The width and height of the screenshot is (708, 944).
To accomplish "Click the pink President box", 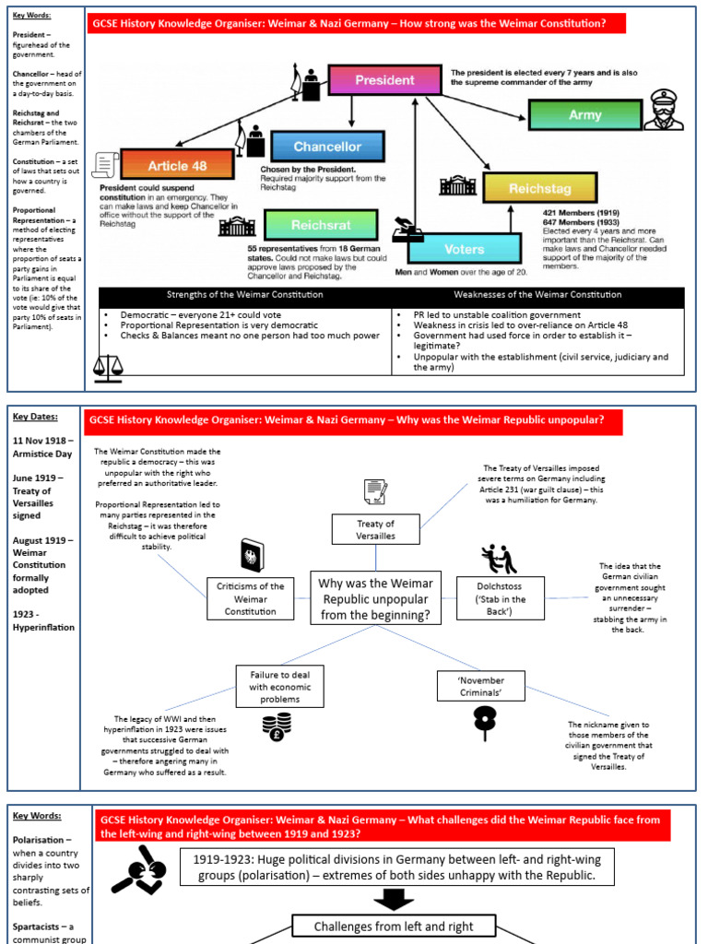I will pyautogui.click(x=384, y=80).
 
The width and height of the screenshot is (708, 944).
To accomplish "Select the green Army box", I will pyautogui.click(x=584, y=115).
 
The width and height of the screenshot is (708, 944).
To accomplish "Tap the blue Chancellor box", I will pyautogui.click(x=327, y=147).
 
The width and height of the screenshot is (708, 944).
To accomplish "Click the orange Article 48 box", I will pyautogui.click(x=177, y=166).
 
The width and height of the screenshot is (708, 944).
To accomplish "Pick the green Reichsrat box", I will pyautogui.click(x=321, y=225).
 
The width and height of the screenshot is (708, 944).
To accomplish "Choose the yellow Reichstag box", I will pyautogui.click(x=540, y=189).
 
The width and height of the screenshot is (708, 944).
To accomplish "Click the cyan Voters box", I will pyautogui.click(x=464, y=249).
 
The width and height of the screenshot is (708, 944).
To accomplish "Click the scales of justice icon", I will pyautogui.click(x=109, y=367).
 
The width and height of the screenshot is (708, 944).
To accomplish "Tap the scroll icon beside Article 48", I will pyautogui.click(x=105, y=166).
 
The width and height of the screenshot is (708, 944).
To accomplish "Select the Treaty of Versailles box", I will pyautogui.click(x=375, y=529).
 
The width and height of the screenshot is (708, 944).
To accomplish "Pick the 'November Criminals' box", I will pyautogui.click(x=482, y=685).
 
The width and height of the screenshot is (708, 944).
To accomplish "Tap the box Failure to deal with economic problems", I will pyautogui.click(x=281, y=687).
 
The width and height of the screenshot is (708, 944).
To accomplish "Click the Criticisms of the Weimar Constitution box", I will pyautogui.click(x=250, y=598).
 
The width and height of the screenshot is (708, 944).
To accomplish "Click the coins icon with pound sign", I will pyautogui.click(x=277, y=727).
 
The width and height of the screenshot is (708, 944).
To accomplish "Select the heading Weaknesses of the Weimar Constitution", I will pyautogui.click(x=537, y=295).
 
